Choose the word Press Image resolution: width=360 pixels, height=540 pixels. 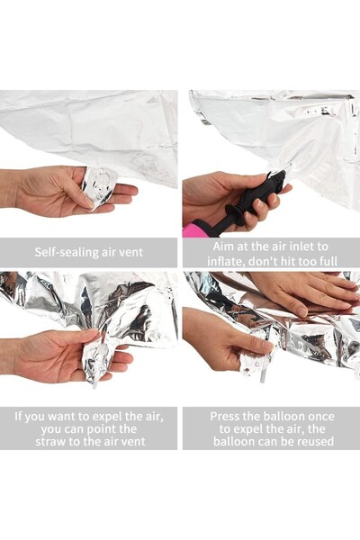[x=228, y=417]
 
